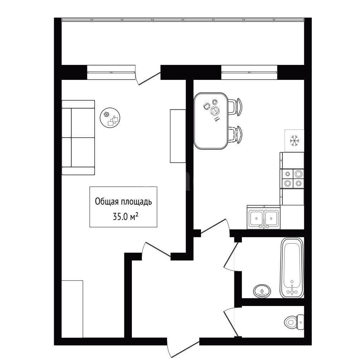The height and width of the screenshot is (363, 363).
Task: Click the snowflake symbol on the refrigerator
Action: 295,141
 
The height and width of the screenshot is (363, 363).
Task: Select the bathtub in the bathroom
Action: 292,268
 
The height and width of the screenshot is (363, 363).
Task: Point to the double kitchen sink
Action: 264,218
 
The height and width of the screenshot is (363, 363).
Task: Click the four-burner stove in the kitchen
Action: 292,178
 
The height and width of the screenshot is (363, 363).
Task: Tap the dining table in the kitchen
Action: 211,121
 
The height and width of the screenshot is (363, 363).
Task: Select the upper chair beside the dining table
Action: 235,107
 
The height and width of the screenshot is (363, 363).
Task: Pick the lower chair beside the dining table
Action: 235,135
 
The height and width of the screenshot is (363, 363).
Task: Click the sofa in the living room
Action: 78,138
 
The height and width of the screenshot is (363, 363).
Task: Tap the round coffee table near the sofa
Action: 110,118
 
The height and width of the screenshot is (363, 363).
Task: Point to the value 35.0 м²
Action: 126,217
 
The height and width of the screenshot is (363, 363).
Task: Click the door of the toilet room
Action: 230,322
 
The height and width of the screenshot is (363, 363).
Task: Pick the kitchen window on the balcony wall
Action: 249,72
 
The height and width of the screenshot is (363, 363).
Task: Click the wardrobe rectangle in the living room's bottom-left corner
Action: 72,309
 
